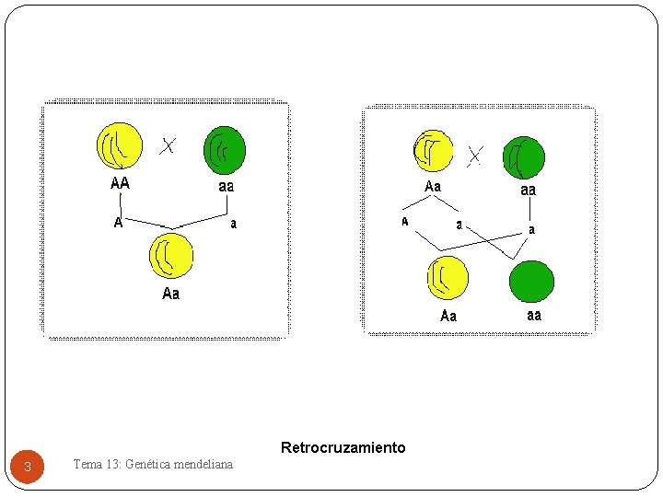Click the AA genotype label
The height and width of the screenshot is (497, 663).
[120, 183]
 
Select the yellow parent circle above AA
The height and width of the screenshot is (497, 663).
[120, 146]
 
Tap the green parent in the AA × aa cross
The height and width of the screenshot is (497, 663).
[225, 150]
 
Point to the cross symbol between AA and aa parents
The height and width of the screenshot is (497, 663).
[168, 145]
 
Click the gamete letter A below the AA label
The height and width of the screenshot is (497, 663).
[118, 223]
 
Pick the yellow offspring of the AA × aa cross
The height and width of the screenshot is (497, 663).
[171, 256]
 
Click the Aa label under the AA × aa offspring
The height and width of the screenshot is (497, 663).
[171, 294]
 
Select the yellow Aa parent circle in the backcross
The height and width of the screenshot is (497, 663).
[433, 151]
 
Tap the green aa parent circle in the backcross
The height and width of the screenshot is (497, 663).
[524, 157]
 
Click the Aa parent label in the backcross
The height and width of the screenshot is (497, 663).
[433, 187]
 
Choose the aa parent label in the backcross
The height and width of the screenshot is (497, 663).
[528, 191]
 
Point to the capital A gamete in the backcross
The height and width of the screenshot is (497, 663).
[404, 222]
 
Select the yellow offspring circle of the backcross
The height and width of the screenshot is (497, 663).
[448, 278]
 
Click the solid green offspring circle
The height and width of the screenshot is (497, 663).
[532, 282]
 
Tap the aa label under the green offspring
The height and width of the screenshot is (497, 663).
[534, 315]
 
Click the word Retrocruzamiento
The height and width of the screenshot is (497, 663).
[343, 448]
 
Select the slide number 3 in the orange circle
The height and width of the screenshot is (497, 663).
[28, 468]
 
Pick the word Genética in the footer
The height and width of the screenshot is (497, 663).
[151, 464]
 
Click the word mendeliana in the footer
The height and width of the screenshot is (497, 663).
[206, 464]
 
